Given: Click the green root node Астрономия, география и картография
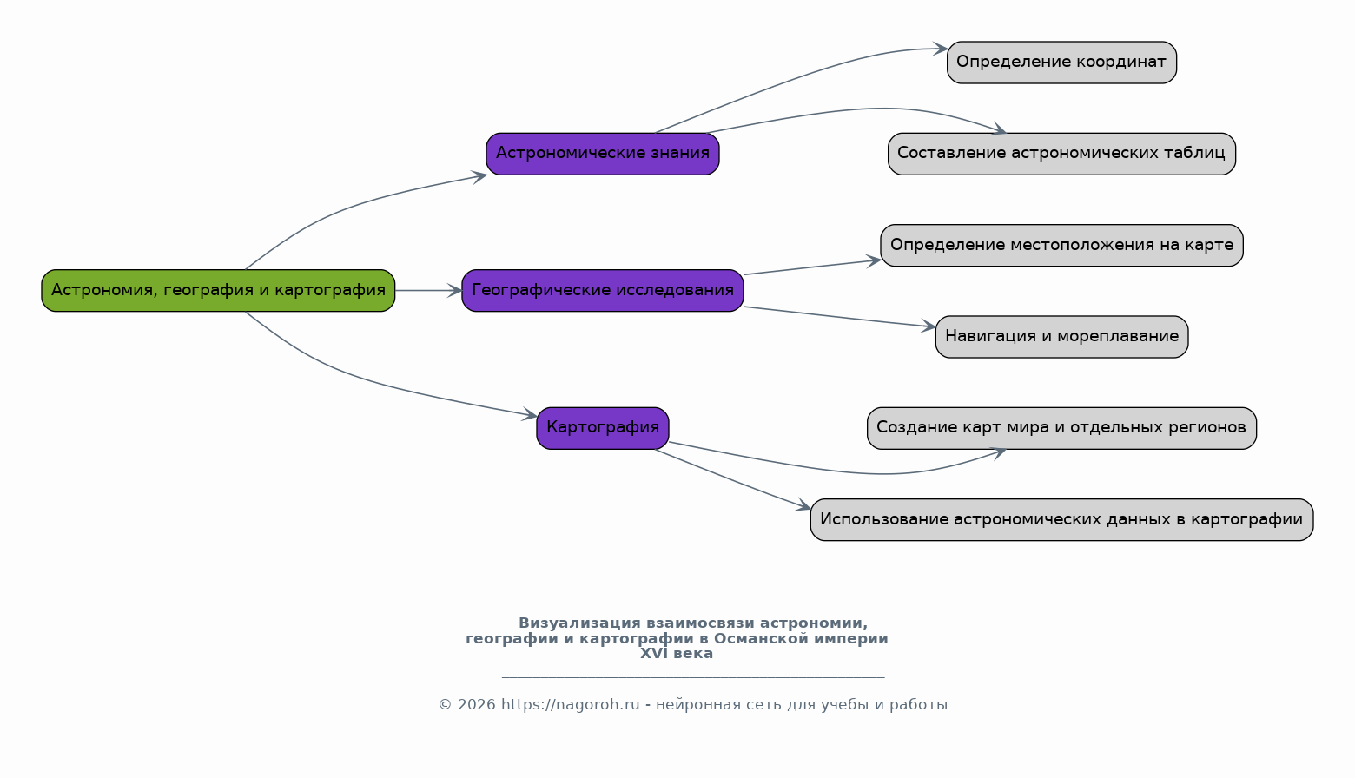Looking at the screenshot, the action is coord(218,291).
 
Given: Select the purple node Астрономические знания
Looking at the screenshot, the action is coord(603,155).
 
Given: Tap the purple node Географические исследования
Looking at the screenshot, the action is coord(603,291).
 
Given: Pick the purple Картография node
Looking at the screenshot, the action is coord(603,428).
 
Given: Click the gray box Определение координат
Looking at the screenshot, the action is coord(1061,63).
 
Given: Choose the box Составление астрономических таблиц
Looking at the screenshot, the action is coord(1061,155).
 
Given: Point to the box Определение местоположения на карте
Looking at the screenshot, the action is coord(1061,246).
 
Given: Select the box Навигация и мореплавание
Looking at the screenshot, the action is coord(1061,337).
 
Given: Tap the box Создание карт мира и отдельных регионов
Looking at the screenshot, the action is coord(1061,428).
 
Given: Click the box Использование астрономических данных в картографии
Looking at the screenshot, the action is coord(1061,520).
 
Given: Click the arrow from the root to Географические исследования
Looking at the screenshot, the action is coord(428,291).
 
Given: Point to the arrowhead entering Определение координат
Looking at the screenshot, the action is coord(940,49).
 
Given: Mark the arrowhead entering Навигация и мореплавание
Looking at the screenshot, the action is coord(928,326).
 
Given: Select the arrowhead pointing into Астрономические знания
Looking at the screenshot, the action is coord(479,176).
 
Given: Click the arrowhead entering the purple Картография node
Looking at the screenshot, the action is coord(529,414).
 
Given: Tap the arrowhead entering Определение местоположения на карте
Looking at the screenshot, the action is coord(873,261).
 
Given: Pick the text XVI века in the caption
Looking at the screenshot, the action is coord(677,654).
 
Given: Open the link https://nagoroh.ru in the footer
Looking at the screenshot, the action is coord(570,705).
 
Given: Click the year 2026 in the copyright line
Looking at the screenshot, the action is coord(476,705).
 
